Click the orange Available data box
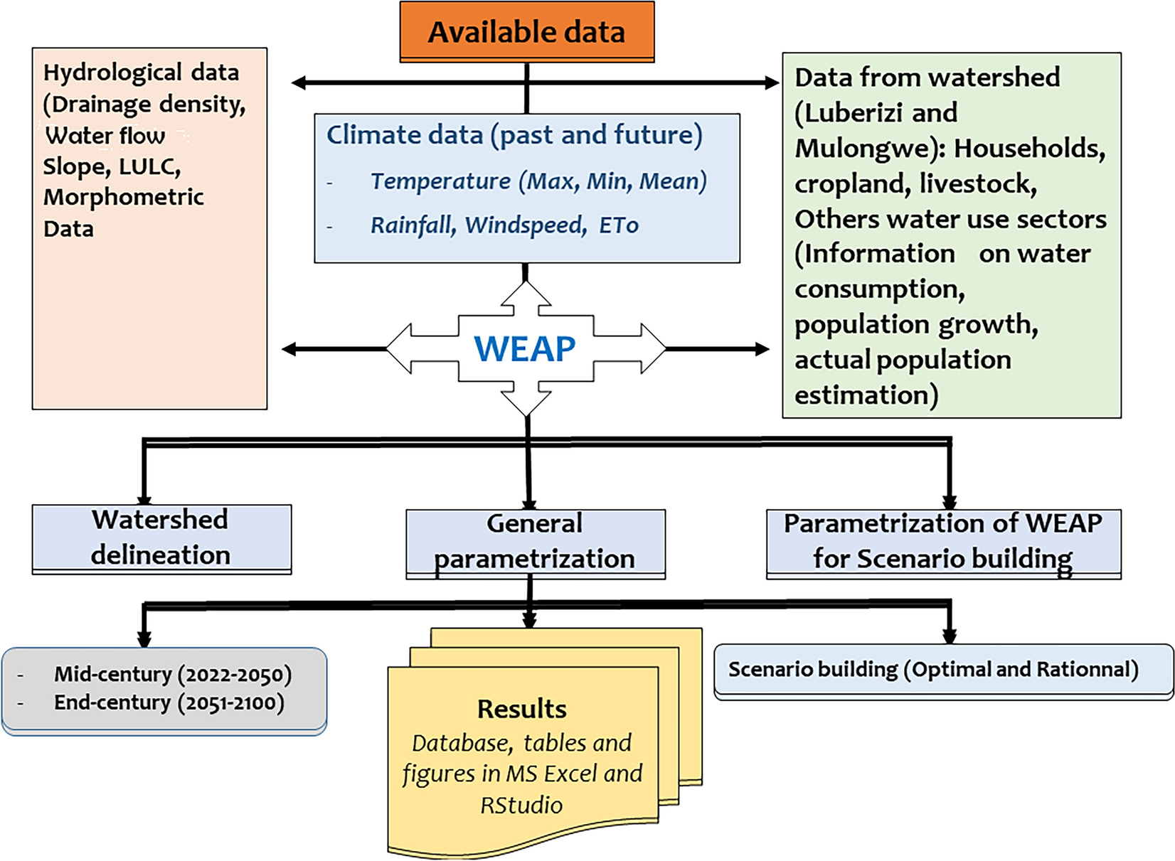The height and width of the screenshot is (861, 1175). coord(526,32)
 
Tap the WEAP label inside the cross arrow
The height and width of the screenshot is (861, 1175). coord(525,348)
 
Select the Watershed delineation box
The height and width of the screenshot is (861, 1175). coord(161,538)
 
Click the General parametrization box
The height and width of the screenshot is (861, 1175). coord(535,542)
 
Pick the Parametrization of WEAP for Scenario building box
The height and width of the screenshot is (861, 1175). coord(943,542)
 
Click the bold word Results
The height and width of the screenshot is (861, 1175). coord(521,709)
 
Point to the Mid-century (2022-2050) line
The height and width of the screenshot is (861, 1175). coord(173,674)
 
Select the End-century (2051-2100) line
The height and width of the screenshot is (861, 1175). coord(169,702)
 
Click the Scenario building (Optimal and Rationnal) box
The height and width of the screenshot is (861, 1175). coord(933,670)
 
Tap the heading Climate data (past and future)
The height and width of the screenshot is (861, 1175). coord(514,135)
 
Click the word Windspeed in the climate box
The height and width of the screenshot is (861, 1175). coord(526,225)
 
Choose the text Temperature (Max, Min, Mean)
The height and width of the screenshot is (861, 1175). coord(538,181)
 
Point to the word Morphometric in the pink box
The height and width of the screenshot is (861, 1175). coord(124,197)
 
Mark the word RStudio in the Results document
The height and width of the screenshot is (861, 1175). coord(521,805)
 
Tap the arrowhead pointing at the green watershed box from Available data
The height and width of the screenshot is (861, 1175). coord(771,82)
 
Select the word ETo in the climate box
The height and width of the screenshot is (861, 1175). coord(619,225)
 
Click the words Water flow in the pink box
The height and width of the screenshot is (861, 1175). coord(105,135)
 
